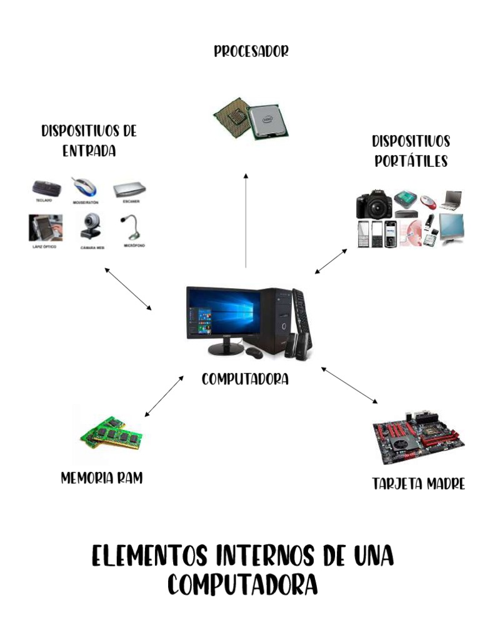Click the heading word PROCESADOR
251,51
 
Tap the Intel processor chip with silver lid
268,121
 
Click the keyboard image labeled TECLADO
47,187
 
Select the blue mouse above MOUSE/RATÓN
84,186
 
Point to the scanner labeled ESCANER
129,189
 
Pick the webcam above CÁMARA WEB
91,226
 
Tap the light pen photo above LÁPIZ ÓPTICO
46,227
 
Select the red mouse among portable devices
427,201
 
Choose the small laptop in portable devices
450,200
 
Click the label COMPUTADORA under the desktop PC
245,379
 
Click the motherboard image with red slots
417,437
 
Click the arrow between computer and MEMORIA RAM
164,396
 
